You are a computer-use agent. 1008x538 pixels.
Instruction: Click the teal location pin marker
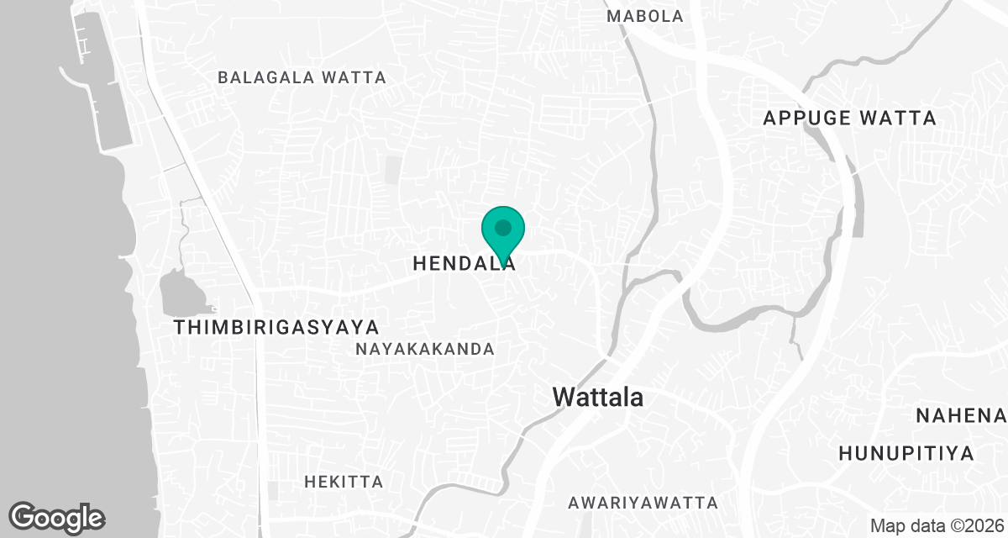[x=503, y=235]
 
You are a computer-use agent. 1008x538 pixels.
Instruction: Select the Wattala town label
[x=598, y=397]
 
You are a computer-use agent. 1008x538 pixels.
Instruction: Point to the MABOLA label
[x=644, y=16]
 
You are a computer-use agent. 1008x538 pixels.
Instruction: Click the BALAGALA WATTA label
[x=302, y=77]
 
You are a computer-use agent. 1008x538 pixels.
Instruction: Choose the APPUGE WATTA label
[x=849, y=118]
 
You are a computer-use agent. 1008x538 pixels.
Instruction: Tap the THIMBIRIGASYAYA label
[x=276, y=327]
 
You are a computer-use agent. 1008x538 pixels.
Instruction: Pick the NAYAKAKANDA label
[x=424, y=349]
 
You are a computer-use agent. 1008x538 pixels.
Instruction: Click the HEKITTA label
[x=344, y=482]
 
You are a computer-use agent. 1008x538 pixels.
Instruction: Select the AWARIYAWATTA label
[x=643, y=503]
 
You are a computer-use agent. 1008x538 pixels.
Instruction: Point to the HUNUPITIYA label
[x=906, y=453]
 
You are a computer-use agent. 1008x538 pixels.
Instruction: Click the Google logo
[x=57, y=517]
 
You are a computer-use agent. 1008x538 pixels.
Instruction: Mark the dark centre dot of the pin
[x=503, y=227]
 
